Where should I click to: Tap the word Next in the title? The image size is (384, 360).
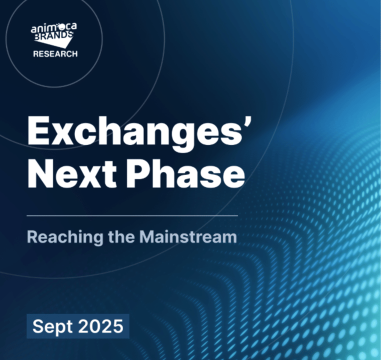tap(72, 173)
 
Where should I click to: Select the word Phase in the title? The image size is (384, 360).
tap(185, 172)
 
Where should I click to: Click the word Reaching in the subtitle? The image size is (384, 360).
tap(65, 237)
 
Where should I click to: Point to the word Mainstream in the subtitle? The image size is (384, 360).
tap(188, 236)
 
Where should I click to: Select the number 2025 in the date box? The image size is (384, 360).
tap(100, 326)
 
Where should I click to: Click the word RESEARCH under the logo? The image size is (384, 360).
tap(55, 53)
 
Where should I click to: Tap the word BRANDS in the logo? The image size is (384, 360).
tap(53, 36)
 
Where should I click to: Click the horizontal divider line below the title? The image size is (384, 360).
tap(132, 216)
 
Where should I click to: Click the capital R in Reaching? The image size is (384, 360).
tap(32, 236)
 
